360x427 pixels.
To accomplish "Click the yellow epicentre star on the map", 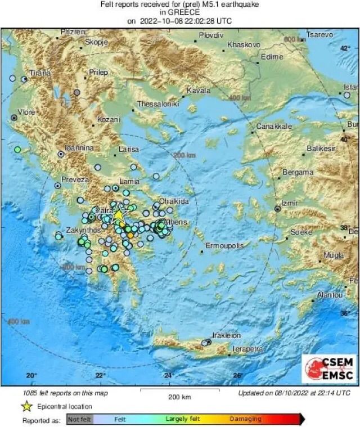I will [x=118, y=215].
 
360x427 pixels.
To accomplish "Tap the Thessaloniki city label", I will [x=158, y=104].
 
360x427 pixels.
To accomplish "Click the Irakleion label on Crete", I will [x=226, y=335].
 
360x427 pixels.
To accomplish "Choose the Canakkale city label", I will [x=274, y=127].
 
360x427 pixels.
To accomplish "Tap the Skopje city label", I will [x=96, y=42].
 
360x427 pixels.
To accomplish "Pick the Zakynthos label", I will [x=82, y=230].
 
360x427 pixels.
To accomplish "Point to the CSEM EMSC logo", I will [x=329, y=368].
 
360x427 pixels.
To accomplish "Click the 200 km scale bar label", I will [x=180, y=397].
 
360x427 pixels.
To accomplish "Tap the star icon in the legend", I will [x=26, y=406].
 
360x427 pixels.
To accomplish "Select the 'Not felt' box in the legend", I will [x=79, y=419].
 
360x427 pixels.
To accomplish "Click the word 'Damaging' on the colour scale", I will [x=245, y=419].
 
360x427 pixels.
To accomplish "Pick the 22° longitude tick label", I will [x=100, y=375].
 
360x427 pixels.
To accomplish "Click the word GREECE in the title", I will [x=180, y=12].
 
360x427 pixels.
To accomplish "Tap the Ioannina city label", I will [x=79, y=147].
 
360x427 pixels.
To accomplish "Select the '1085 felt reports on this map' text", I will [x=66, y=393].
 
